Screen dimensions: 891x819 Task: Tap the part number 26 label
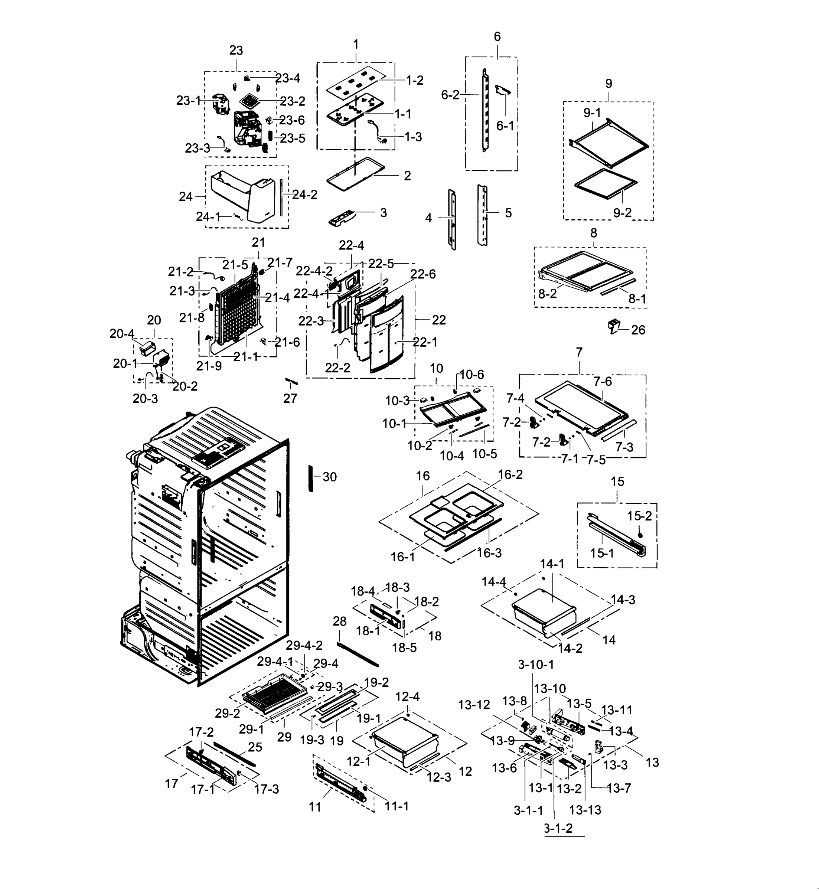[638, 330]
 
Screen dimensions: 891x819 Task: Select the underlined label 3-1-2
[558, 828]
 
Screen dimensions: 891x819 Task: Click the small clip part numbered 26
[614, 327]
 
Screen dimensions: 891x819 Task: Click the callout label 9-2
[622, 213]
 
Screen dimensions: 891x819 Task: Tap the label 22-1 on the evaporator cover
[425, 342]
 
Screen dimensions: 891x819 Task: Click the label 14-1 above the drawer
[552, 564]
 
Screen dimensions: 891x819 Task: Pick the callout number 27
[290, 399]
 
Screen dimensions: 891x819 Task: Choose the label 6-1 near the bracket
[505, 126]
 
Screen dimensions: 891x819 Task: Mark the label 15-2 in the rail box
[640, 516]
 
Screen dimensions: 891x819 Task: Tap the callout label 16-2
[510, 474]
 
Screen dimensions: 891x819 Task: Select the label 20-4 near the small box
[122, 334]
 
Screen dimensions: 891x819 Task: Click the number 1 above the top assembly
[355, 45]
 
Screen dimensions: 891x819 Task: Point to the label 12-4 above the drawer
[407, 697]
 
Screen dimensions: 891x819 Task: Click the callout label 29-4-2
[304, 646]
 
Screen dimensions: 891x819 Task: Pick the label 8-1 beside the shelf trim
[637, 299]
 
